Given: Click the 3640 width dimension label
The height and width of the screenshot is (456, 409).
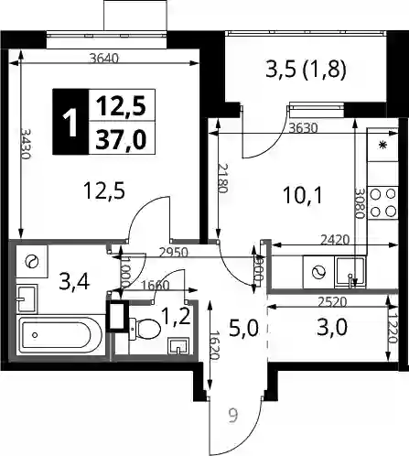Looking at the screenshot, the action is tap(104, 58).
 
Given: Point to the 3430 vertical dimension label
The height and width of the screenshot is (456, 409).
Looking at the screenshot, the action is tap(26, 144).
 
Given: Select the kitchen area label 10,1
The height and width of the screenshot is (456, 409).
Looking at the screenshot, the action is tap(302, 195).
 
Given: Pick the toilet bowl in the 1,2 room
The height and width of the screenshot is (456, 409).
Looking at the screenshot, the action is tap(145, 329).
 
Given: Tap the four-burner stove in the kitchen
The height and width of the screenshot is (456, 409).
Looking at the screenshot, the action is tap(382, 202).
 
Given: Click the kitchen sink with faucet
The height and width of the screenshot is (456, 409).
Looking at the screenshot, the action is tap(350, 273).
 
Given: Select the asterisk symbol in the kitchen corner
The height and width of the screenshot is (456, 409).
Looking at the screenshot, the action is tap(382, 146).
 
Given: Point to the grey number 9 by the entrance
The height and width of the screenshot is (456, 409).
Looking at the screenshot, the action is tap(232, 416).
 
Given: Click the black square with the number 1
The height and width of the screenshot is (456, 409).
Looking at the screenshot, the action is tap(70, 122).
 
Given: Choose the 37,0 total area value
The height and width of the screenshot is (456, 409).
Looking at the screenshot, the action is tap(121, 139).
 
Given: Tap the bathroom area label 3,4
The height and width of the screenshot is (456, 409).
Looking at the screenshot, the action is tap(75, 282).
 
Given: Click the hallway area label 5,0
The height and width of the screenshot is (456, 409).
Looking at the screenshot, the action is tap(243, 329).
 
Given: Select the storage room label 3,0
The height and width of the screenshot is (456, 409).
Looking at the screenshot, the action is tap(332, 327).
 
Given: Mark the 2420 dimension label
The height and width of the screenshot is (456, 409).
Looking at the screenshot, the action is tap(335, 240).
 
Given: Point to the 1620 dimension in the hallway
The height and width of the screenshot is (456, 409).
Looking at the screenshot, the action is tap(215, 345).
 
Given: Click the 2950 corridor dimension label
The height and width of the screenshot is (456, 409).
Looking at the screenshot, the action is tap(172, 253).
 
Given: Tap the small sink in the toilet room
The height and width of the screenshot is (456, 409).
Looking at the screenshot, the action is tap(178, 347).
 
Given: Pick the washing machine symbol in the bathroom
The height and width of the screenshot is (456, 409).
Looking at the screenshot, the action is tap(32, 262).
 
